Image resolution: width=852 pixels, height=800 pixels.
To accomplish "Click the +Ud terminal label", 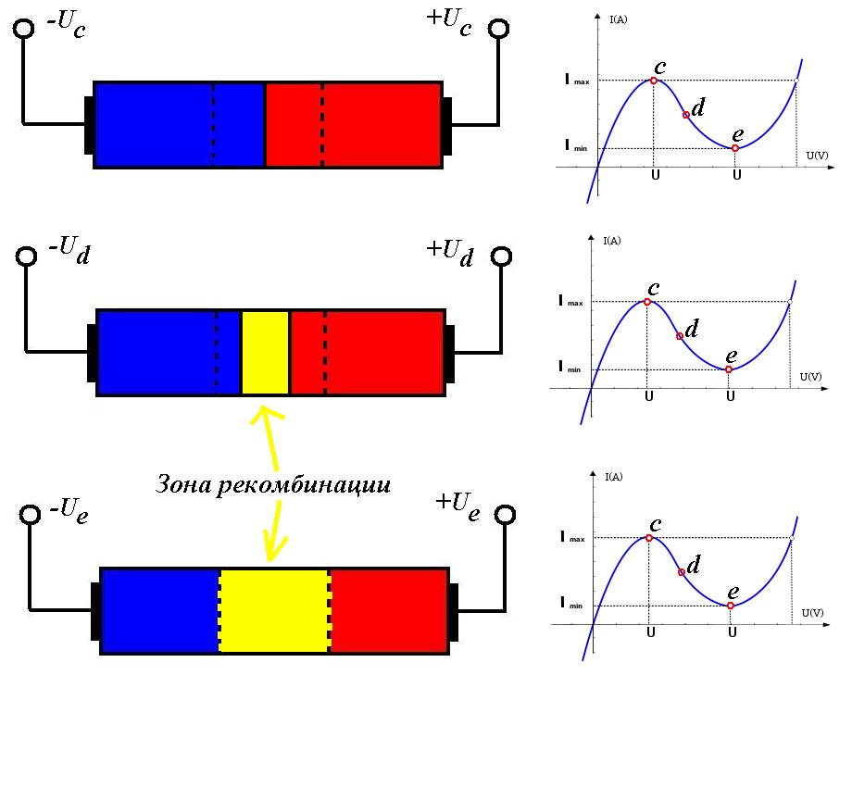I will [x=449, y=251].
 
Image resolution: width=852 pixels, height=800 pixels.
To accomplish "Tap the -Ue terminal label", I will [x=69, y=508].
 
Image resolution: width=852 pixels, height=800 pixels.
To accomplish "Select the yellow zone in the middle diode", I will [x=265, y=353].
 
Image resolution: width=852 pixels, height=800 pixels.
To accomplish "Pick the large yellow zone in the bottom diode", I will [x=274, y=610].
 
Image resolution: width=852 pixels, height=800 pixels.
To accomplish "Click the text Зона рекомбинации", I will [x=271, y=484].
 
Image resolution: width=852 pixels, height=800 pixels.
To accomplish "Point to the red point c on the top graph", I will [x=654, y=81].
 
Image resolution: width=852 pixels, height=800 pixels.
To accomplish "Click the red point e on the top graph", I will [x=735, y=148].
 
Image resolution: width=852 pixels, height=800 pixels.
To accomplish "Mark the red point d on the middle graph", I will [x=680, y=335].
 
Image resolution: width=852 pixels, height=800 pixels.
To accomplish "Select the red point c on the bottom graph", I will [x=649, y=538].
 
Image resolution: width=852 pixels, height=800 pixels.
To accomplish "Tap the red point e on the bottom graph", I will [x=731, y=606].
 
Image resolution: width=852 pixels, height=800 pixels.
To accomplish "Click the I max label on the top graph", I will [x=576, y=81].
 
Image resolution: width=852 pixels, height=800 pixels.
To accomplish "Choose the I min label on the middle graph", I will [x=570, y=367].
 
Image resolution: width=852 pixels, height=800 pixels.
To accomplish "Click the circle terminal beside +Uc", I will [x=500, y=28].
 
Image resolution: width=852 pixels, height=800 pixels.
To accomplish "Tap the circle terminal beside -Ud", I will [x=27, y=256].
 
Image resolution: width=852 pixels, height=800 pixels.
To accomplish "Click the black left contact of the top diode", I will [x=89, y=124].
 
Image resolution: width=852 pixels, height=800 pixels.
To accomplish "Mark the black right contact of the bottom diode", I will [x=454, y=611].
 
